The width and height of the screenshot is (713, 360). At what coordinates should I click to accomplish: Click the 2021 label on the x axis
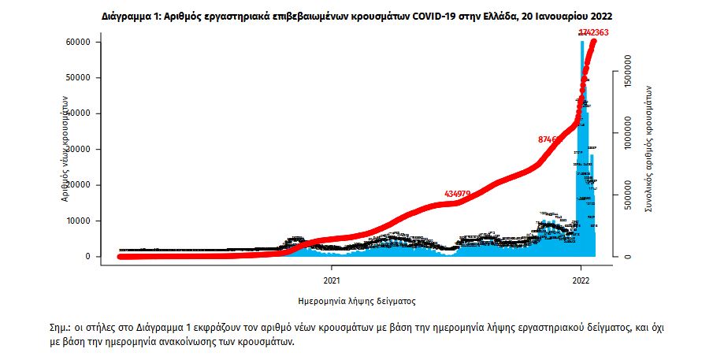pyautogui.click(x=332, y=279)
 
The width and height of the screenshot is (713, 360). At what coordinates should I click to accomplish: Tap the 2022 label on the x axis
pyautogui.click(x=581, y=279)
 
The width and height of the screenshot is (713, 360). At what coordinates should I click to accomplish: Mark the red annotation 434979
pyautogui.click(x=458, y=194)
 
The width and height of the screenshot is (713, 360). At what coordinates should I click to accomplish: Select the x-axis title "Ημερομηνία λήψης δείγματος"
pyautogui.click(x=357, y=301)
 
